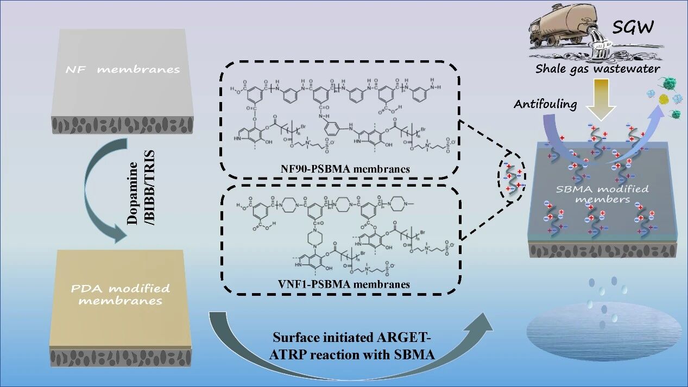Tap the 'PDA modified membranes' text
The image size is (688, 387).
tap(120, 294)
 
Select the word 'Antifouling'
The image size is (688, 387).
tap(545, 104)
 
